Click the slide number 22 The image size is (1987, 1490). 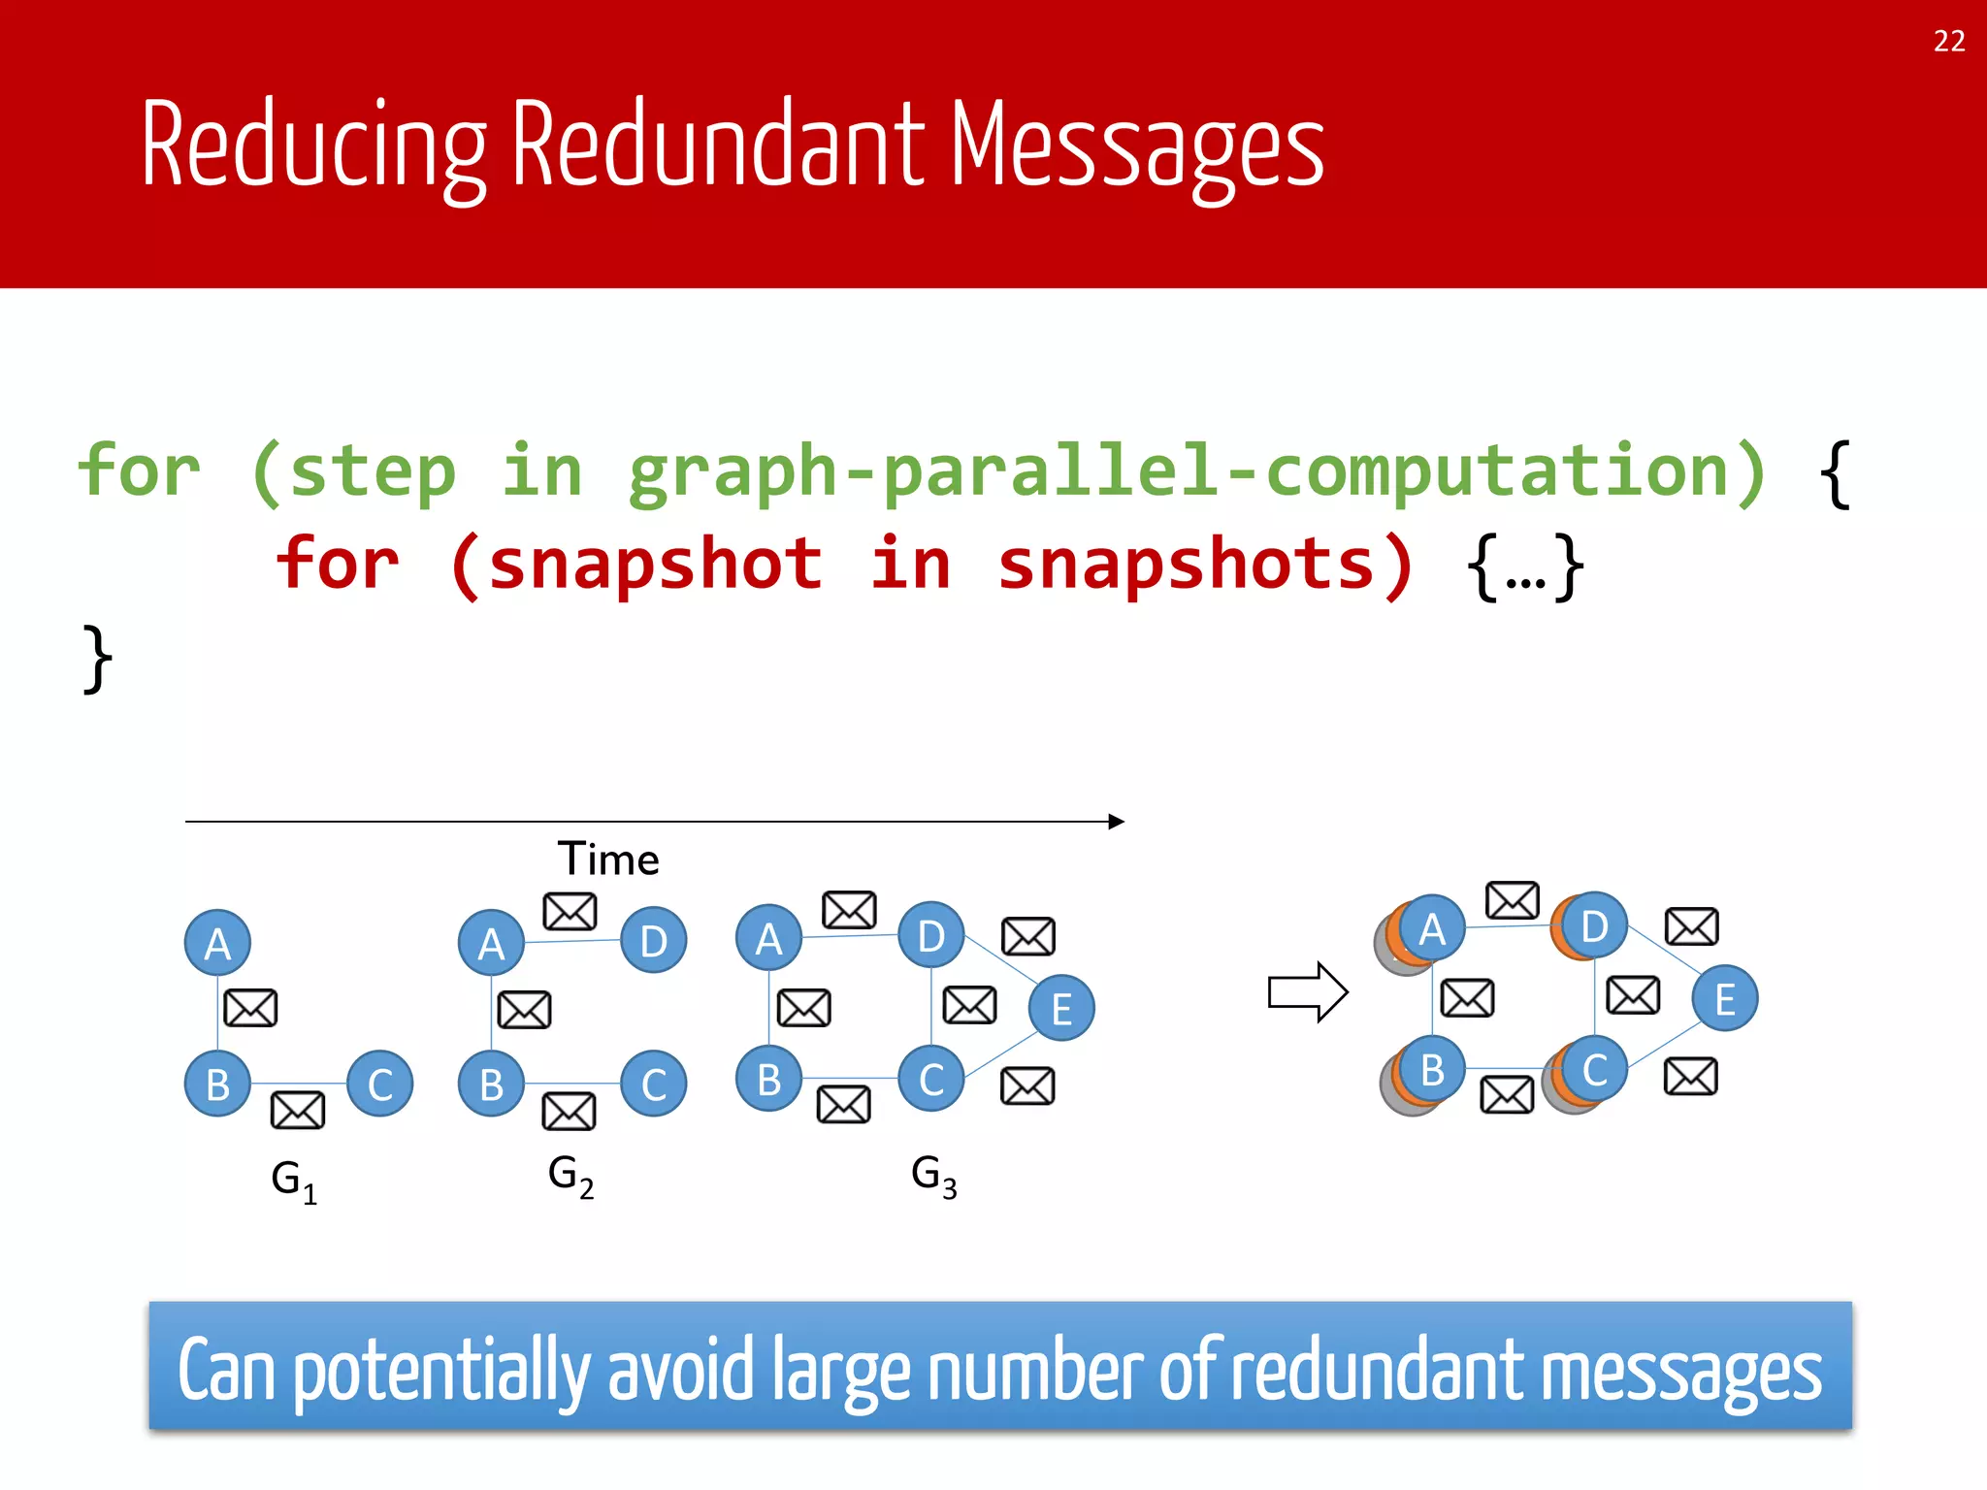coord(1948,42)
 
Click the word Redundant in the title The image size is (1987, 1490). coord(718,146)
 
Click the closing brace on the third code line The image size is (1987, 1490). coord(96,659)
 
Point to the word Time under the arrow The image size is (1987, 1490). coord(608,859)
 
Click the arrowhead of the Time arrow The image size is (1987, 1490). coord(1117,822)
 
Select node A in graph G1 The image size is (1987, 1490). coord(217,943)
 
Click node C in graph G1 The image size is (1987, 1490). coord(379,1084)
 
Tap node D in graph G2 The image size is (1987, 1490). coord(653,940)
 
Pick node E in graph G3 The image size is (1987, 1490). coord(1061,1008)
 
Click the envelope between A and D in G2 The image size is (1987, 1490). coord(570,912)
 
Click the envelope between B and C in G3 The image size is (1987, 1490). coord(843,1104)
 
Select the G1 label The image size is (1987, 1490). coord(293,1181)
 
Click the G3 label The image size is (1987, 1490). coord(933,1176)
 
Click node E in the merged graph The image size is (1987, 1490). coord(1724,998)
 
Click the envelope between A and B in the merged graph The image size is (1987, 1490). coord(1467,997)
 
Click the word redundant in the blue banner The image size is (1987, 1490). coord(1379,1371)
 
